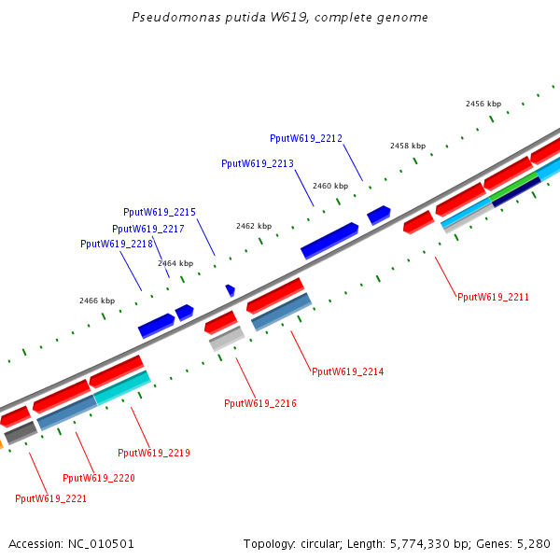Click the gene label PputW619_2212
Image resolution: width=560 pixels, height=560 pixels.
[x=306, y=138]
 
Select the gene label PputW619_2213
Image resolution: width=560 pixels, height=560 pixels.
[x=258, y=163]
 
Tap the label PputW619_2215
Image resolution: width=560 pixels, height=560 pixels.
[x=160, y=212]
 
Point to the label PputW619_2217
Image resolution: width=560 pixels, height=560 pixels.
[x=148, y=229]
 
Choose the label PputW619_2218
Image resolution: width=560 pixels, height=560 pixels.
[x=117, y=244]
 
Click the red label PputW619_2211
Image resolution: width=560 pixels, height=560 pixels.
[x=493, y=297]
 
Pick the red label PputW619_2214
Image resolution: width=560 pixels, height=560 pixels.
[x=347, y=371]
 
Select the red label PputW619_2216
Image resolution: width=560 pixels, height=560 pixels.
[x=260, y=403]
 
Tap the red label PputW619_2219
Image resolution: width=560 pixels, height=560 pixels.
[x=154, y=453]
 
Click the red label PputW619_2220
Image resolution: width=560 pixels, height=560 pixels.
[x=99, y=478]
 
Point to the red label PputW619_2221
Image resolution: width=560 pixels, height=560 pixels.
[x=51, y=498]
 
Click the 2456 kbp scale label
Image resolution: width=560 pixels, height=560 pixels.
[x=483, y=104]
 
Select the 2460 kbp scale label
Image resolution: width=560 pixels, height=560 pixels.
[x=330, y=186]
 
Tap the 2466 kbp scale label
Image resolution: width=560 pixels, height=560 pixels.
[x=97, y=301]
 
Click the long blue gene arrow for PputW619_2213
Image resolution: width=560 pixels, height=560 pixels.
[x=329, y=240]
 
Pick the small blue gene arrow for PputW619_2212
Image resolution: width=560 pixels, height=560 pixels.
[x=378, y=215]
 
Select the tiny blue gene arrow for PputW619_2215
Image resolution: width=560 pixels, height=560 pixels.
[x=230, y=291]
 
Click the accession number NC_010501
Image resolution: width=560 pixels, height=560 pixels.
[x=101, y=543]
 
